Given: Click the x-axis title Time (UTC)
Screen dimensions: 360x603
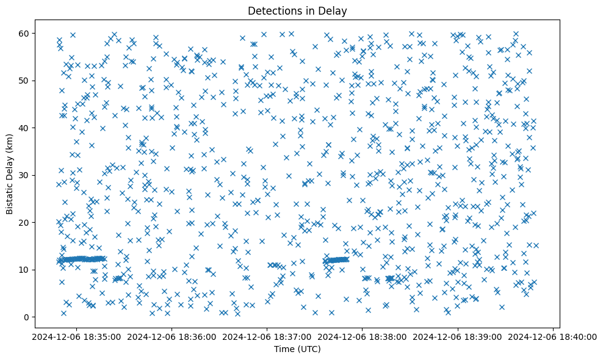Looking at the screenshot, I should click(x=297, y=349).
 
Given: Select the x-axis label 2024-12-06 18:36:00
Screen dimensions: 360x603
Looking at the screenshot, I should click(x=171, y=336).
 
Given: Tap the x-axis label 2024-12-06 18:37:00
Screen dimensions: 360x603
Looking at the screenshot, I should click(x=267, y=336).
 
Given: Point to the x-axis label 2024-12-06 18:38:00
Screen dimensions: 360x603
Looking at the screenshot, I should click(x=363, y=336).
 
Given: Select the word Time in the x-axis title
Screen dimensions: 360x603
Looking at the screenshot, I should click(x=283, y=349).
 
